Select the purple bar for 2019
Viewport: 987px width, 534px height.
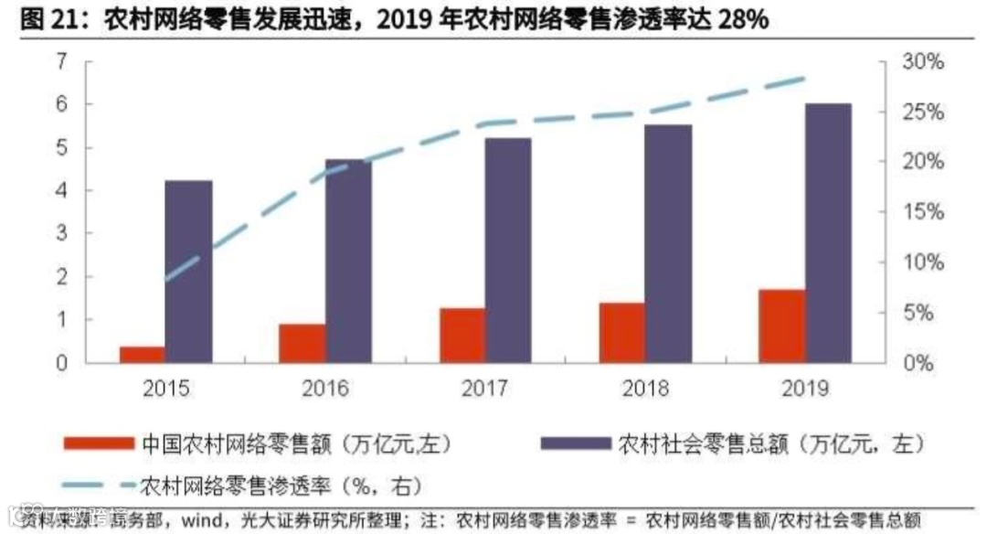coord(828,233)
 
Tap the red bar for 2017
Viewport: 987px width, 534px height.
coord(462,336)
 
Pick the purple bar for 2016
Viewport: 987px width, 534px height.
coord(349,261)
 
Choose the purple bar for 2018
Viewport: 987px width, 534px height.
coord(669,243)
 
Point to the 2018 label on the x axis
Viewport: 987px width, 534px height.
coord(645,389)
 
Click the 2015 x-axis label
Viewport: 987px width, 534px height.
coord(165,389)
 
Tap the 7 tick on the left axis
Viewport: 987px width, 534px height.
coord(62,62)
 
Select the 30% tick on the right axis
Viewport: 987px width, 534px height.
coord(924,62)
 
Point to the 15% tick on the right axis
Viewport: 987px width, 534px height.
coord(924,212)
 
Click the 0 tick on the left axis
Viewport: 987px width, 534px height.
coord(62,363)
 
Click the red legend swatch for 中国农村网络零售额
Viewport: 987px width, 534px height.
coord(99,443)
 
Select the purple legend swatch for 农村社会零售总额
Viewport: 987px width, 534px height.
coord(575,443)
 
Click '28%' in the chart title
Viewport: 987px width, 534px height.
coord(737,21)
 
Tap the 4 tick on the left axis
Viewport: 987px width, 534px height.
coord(62,191)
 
